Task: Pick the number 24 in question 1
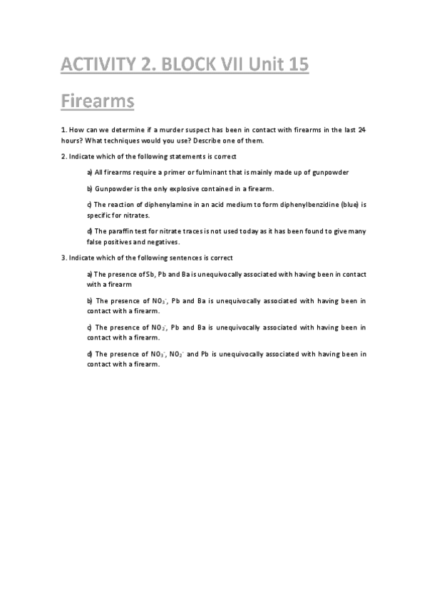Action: point(362,129)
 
